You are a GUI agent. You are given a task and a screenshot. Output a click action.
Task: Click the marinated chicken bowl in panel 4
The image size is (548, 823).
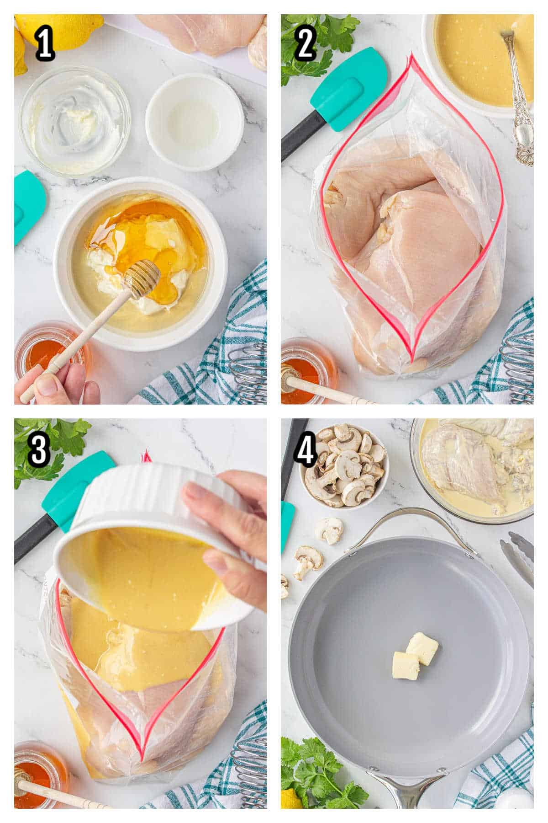pyautogui.click(x=475, y=469)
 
